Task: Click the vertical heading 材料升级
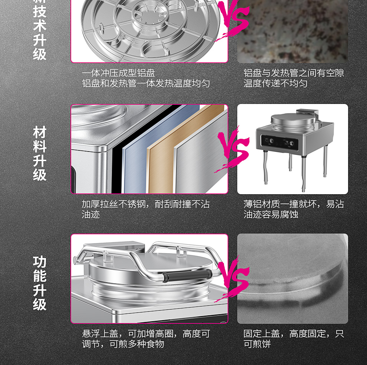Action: pos(40,154)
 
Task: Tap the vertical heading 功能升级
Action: pos(40,283)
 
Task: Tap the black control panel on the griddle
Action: pos(279,141)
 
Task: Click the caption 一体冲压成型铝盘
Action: pos(118,73)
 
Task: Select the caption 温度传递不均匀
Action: pos(275,83)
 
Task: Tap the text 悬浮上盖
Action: pos(100,333)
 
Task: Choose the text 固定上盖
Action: pos(262,333)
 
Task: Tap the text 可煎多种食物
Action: pos(137,344)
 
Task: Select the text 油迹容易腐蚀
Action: pos(271,214)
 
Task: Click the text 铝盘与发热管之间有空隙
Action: pos(294,73)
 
